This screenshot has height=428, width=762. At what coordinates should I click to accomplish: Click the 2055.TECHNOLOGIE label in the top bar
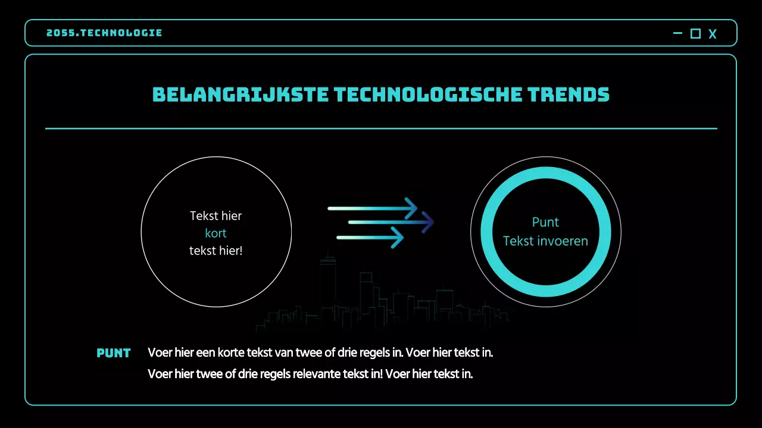point(104,33)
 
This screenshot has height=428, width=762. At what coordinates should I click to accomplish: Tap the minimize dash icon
point(677,33)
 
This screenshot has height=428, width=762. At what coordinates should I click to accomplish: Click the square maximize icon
point(695,34)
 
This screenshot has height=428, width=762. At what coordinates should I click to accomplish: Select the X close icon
point(713,34)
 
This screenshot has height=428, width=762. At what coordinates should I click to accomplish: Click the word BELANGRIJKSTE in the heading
point(239,95)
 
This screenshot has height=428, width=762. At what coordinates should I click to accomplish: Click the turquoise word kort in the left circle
point(216,233)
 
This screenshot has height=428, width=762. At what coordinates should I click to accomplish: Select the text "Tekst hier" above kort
point(216,216)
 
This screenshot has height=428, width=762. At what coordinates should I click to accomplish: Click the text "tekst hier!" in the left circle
point(216,251)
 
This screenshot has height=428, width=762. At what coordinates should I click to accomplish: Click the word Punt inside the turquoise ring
point(545,222)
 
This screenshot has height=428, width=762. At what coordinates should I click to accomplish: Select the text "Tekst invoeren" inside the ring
point(545,241)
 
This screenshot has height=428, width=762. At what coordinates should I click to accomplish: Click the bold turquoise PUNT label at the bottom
point(113,353)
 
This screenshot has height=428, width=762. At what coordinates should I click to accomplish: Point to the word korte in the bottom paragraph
point(237,353)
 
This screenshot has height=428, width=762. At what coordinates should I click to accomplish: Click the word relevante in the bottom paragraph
point(317,374)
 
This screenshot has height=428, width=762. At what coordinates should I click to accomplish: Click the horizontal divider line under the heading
point(381,128)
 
